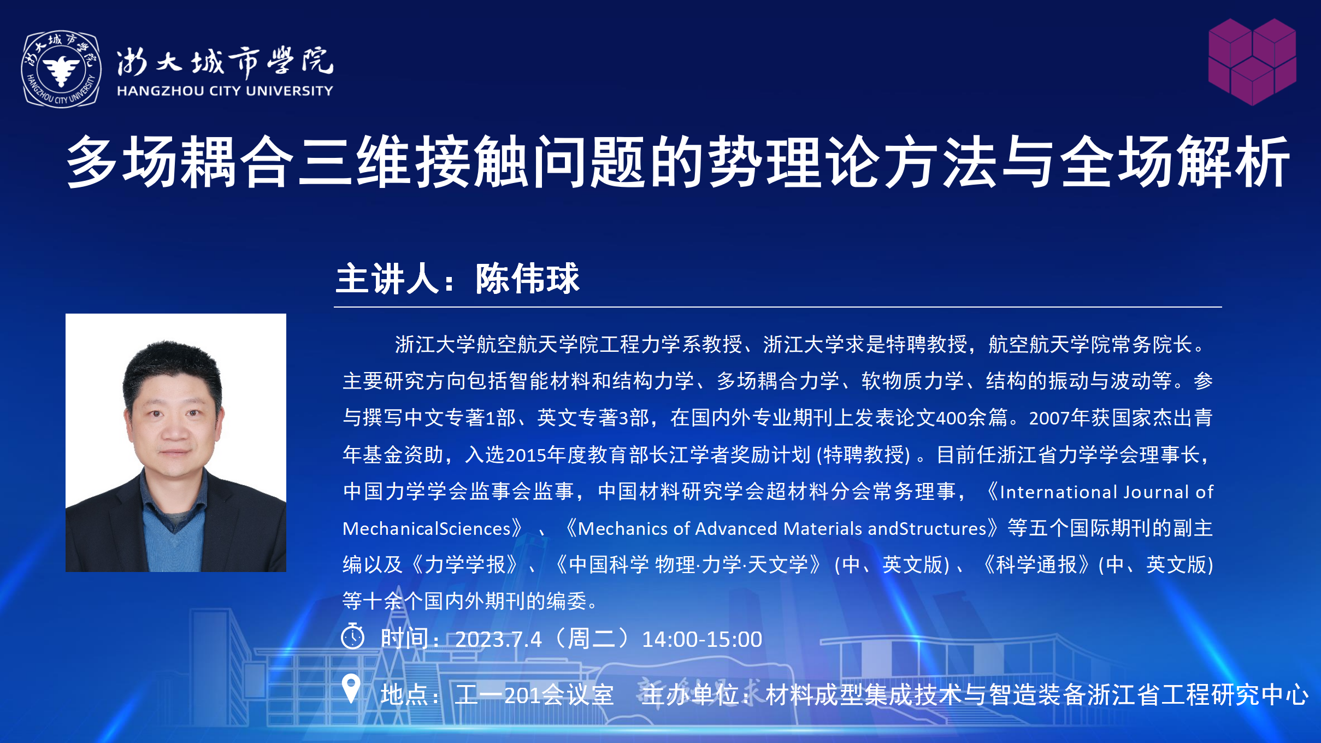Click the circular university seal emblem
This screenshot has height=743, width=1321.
click(61, 69)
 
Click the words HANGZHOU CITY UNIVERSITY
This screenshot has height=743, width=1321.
click(225, 91)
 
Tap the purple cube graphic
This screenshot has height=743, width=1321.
click(1252, 62)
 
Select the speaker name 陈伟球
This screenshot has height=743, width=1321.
click(527, 279)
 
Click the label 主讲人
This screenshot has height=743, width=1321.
click(387, 279)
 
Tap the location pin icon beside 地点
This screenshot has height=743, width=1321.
click(351, 688)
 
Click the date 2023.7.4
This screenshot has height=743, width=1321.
click(498, 639)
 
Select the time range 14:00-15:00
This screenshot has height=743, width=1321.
click(701, 639)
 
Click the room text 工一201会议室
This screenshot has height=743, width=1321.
click(535, 695)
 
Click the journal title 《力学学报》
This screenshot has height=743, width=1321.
click(465, 564)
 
